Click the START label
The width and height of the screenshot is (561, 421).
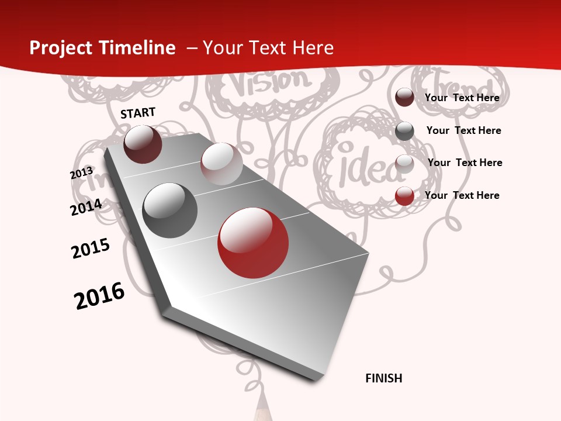tap(138, 113)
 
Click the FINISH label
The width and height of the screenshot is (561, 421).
tap(383, 378)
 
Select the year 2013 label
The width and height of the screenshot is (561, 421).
tap(81, 173)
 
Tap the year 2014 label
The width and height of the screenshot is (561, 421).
tap(86, 207)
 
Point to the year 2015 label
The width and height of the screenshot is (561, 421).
tap(91, 249)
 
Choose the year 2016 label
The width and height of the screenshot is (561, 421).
tap(99, 296)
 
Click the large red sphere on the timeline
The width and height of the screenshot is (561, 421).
tap(253, 243)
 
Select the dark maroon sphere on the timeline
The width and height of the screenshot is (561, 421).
tap(143, 144)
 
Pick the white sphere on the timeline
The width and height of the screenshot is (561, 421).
tap(221, 164)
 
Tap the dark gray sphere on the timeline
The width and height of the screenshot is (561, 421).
tap(170, 210)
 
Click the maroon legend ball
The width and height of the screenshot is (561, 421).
tap(404, 98)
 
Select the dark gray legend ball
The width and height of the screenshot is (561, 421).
tap(404, 131)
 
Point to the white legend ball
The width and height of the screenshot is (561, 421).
tap(404, 164)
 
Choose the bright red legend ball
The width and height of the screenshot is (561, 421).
tap(404, 196)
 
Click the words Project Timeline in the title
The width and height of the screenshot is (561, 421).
tap(102, 48)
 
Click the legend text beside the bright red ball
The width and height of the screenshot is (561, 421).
tap(462, 195)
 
